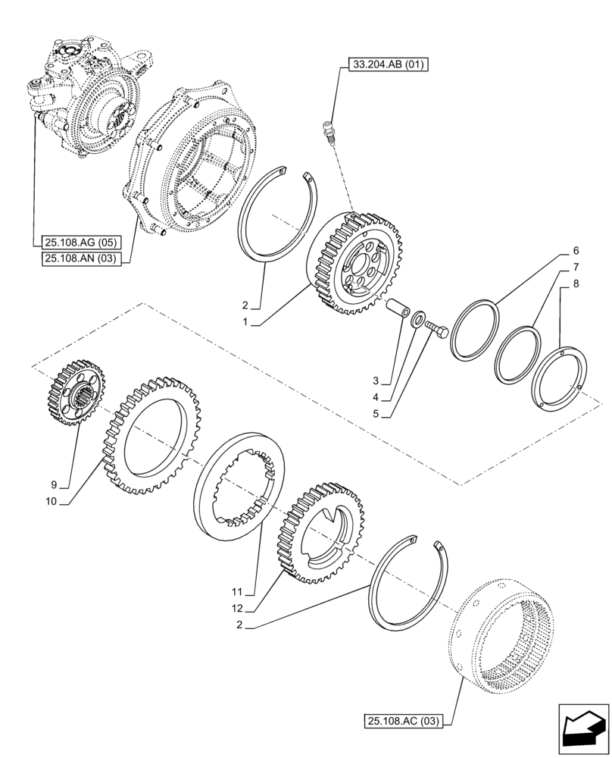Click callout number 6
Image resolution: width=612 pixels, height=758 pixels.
576,251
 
